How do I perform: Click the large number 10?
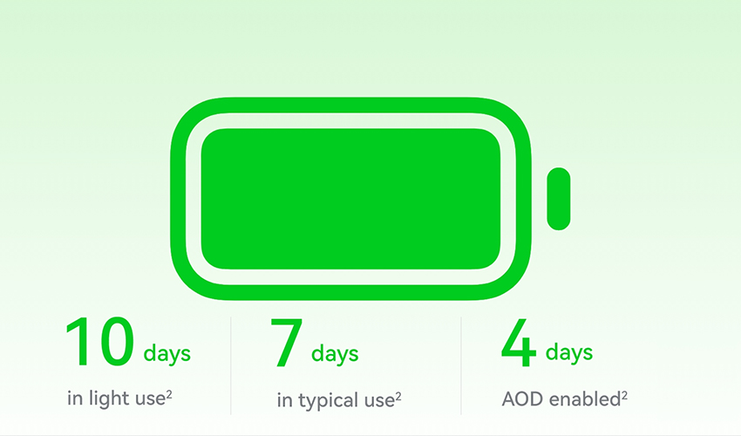(100, 342)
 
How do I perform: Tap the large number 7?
(287, 343)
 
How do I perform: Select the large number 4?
(519, 342)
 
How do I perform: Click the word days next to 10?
(167, 354)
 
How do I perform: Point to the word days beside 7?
(335, 354)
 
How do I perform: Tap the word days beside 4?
(569, 353)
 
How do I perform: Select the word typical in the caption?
(328, 400)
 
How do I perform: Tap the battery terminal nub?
(559, 199)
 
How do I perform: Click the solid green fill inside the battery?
(350, 199)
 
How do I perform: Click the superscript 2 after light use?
(169, 394)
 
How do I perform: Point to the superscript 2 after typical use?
(398, 396)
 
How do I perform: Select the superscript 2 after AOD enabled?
(624, 395)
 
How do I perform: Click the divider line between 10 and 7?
(231, 365)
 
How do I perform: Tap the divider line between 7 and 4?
(461, 365)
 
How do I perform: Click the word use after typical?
(379, 401)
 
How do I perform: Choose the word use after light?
(150, 399)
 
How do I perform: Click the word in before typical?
(284, 400)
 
